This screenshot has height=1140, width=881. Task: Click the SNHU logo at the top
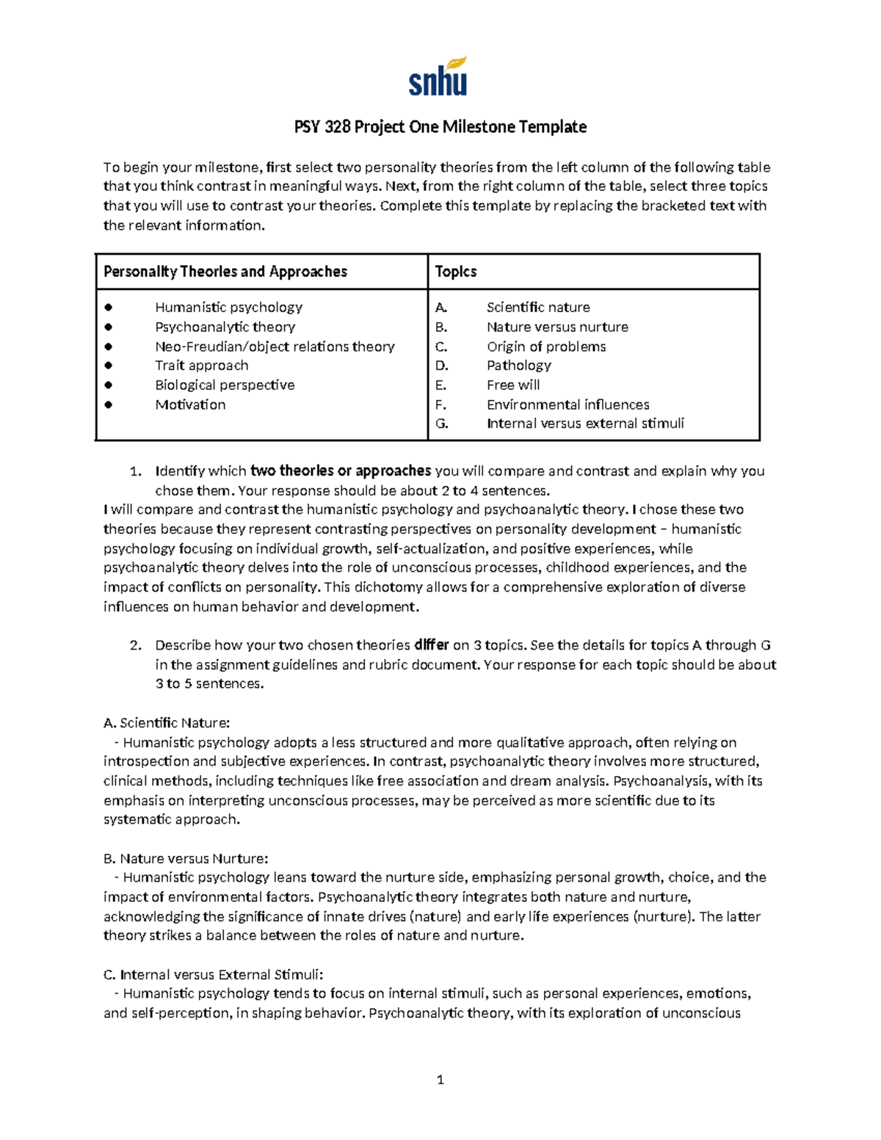click(438, 78)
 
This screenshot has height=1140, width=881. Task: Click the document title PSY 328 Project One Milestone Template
click(440, 127)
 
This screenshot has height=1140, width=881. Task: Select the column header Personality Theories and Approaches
click(225, 272)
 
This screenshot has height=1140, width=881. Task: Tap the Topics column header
click(456, 272)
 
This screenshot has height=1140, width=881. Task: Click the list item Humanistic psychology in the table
click(228, 307)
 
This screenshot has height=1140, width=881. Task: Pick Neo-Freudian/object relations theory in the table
click(275, 346)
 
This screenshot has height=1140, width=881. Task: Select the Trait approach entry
click(201, 366)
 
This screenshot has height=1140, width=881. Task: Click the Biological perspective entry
click(225, 385)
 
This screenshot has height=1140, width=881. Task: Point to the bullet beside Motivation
click(109, 404)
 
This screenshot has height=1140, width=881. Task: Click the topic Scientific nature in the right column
click(538, 307)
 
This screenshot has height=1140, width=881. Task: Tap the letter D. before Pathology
click(441, 366)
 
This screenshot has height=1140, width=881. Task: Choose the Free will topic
click(513, 385)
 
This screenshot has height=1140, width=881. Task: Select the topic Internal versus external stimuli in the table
click(585, 424)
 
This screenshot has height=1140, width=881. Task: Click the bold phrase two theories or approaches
click(341, 471)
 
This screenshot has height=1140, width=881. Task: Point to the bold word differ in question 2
click(431, 645)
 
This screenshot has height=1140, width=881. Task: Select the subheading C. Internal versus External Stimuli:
click(213, 975)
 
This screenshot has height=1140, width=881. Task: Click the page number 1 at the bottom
click(440, 1079)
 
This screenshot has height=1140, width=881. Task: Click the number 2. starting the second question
click(135, 645)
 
